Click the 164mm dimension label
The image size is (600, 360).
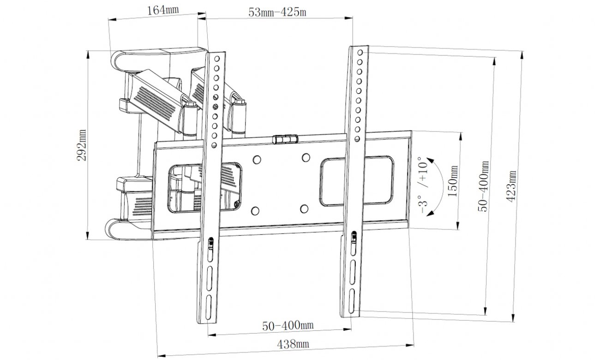pos(163,11)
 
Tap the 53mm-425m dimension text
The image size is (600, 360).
pos(277,12)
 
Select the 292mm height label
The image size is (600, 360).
pos(81,145)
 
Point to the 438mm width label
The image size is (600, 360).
pos(293,344)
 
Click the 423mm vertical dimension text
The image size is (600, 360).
pos(511,186)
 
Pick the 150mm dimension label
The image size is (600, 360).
pos(453,181)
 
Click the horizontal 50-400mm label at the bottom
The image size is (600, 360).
pos(288,325)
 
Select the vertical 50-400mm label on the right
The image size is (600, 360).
pos(484,186)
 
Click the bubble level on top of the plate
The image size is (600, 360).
pos(285,139)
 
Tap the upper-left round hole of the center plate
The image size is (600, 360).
pos(257,159)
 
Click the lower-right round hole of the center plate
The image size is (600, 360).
pos(304,209)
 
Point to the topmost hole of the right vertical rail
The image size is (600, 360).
pos(360,52)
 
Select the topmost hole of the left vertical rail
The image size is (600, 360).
pos(217,59)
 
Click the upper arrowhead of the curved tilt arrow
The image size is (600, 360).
pos(430,160)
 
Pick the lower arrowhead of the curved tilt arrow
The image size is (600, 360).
pos(430,213)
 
